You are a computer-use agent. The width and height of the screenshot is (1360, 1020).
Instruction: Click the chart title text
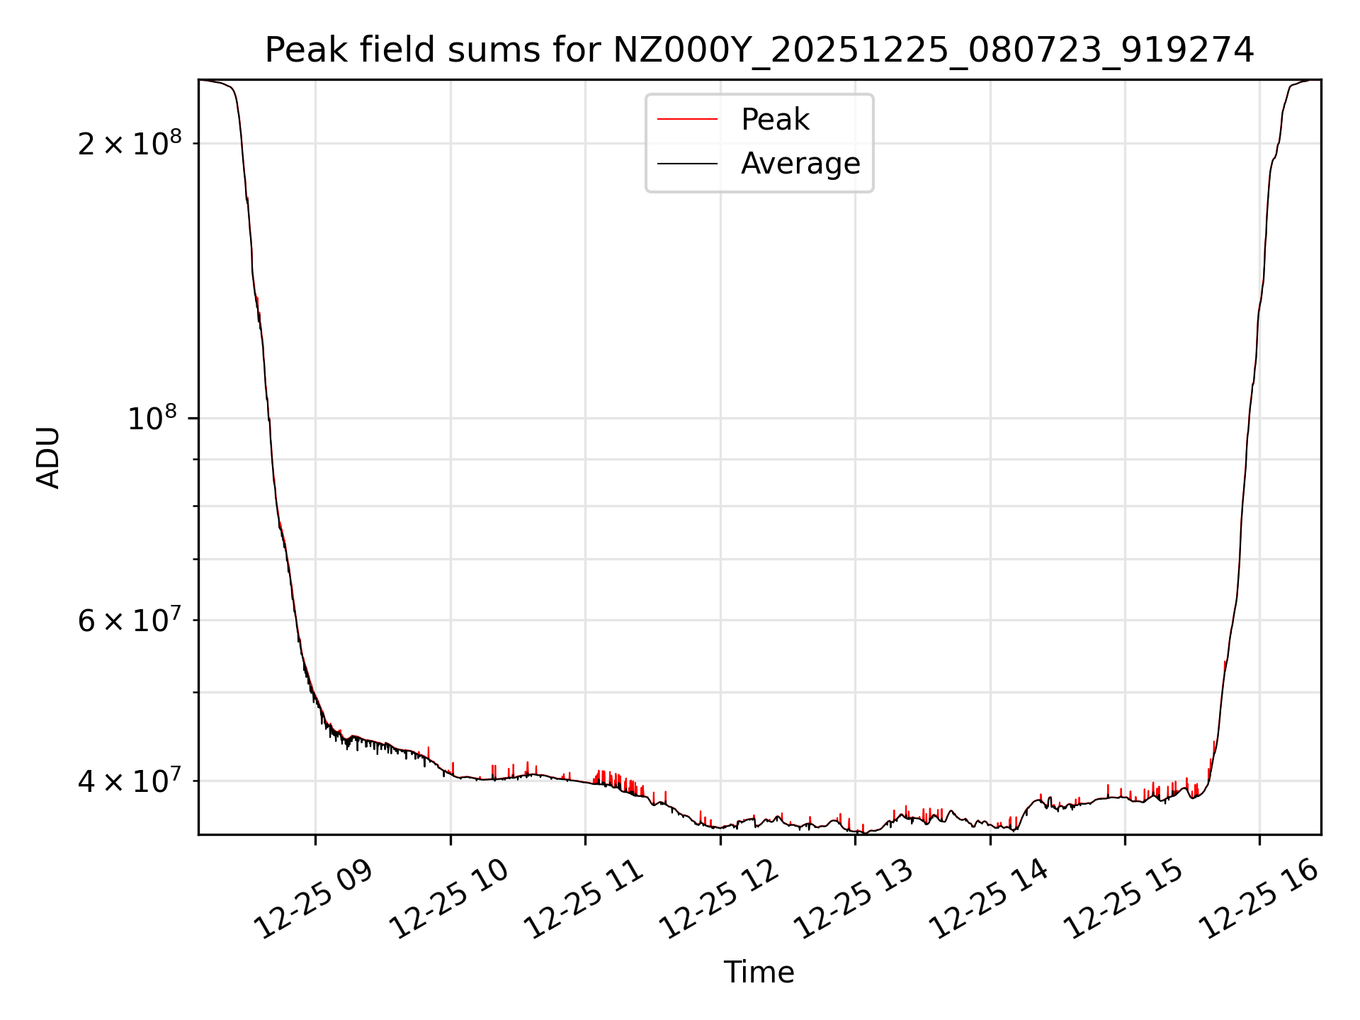759,50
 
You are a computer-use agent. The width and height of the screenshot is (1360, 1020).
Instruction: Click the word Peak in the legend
775,120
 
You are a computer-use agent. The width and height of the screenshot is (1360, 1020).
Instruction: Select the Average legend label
800,164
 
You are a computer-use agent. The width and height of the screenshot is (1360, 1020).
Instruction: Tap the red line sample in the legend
687,120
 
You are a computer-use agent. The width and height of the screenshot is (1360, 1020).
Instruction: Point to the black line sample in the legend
687,164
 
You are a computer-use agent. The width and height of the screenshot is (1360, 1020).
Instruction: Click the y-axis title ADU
48,458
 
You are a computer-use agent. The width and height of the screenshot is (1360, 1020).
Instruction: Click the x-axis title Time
759,973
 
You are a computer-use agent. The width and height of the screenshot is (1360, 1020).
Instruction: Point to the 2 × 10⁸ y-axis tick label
130,143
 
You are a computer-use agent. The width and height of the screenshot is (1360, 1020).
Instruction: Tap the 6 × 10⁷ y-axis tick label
130,620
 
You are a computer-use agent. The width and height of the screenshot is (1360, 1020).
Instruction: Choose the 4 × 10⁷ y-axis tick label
130,781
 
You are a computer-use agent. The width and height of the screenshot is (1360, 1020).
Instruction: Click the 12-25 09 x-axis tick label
314,900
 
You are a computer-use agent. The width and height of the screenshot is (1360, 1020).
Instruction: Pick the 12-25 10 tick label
449,900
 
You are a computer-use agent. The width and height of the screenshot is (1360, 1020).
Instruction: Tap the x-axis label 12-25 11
584,900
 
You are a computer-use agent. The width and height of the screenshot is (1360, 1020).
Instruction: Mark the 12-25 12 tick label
719,900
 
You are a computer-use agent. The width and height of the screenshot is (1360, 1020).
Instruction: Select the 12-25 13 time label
854,900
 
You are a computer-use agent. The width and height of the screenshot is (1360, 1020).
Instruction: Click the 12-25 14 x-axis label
989,900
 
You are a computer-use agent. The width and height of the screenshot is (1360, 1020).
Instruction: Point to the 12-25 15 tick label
1123,900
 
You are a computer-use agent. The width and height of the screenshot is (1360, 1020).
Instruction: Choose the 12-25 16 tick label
1258,900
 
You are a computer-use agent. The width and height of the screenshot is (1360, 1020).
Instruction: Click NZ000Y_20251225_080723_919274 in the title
933,50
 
